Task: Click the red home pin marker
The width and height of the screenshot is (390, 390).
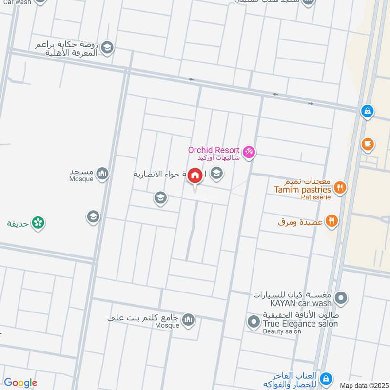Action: (x=195, y=176)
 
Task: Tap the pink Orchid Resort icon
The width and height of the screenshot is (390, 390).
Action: (x=249, y=153)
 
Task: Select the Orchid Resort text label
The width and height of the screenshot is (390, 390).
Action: (x=214, y=150)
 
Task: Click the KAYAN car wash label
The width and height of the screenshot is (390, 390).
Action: (x=294, y=303)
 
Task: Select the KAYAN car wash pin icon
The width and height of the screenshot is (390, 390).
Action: (x=341, y=297)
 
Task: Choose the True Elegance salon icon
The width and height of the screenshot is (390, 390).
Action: (x=253, y=321)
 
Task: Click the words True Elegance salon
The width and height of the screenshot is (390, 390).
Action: (x=300, y=323)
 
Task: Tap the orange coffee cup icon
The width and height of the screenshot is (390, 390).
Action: (x=368, y=144)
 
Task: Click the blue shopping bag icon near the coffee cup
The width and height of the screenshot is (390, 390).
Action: (x=368, y=111)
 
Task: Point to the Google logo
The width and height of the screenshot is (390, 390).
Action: (x=20, y=383)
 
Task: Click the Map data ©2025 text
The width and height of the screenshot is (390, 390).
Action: (x=364, y=385)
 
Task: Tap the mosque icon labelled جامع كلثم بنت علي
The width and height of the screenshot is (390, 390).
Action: (x=189, y=320)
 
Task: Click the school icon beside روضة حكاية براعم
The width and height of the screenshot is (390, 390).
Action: (x=108, y=47)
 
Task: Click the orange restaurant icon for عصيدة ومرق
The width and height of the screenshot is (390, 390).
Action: (x=332, y=222)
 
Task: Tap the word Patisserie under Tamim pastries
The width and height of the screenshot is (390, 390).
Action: (x=316, y=197)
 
